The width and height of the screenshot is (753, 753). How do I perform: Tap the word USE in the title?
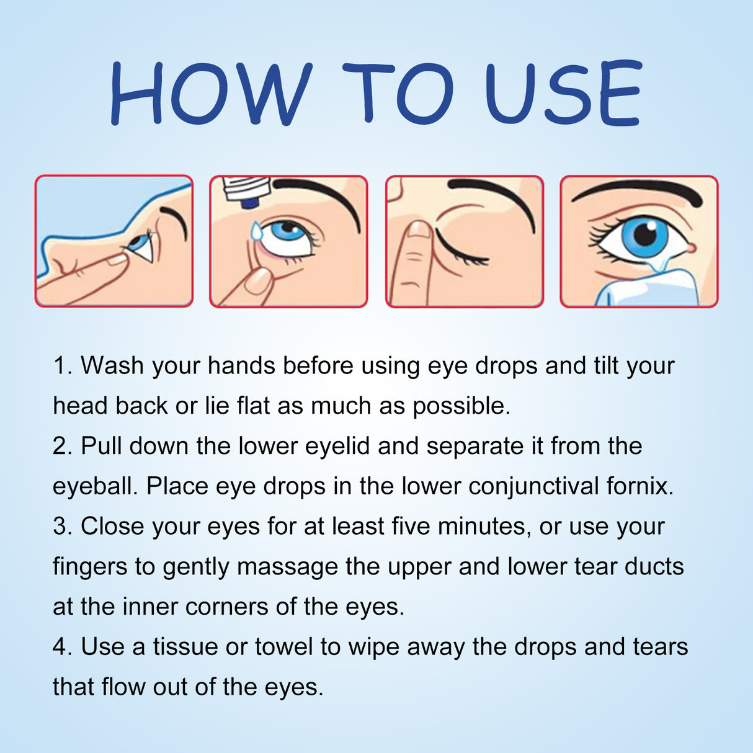click(x=562, y=93)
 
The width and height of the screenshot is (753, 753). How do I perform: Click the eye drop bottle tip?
click(x=249, y=202)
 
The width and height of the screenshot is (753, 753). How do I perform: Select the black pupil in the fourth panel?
click(x=646, y=234)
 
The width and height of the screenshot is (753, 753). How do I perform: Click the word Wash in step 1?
click(x=112, y=366)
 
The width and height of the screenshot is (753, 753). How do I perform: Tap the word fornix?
click(x=639, y=486)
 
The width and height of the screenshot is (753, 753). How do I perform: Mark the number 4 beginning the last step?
click(x=60, y=647)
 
